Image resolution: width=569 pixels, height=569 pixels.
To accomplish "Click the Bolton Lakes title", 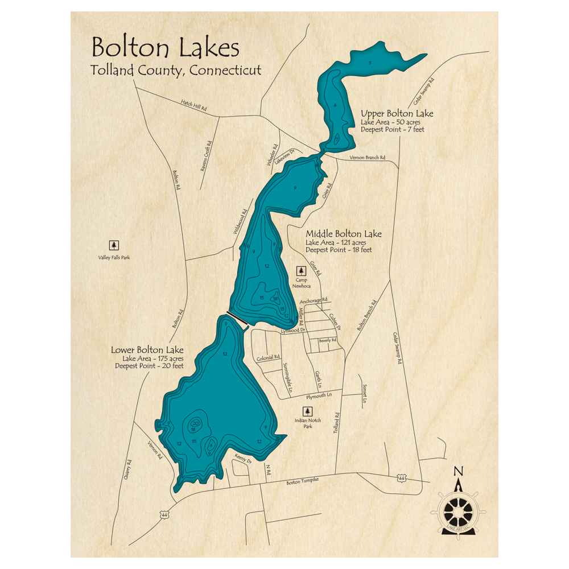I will pos(166,48).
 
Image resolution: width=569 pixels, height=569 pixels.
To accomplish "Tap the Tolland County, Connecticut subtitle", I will pos(176,71).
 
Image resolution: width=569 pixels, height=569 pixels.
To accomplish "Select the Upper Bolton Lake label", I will pos(397,114).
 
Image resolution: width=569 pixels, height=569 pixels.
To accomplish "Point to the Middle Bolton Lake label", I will pos(344,234).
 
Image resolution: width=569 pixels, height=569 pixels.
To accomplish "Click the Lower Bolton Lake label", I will pos(147,350).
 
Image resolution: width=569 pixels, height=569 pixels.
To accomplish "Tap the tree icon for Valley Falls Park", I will pos(114,245).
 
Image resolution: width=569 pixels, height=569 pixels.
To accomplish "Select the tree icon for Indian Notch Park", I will pos(308,411).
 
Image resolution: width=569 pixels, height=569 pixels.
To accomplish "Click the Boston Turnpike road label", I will pos(302,481).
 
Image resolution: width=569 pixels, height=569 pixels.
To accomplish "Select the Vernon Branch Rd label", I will pos(367,158).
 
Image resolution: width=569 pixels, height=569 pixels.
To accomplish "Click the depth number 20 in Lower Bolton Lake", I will pos(195,423).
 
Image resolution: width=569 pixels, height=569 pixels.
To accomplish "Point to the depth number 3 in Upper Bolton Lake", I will pos(370,63).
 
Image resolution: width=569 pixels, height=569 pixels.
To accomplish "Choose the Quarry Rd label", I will pos(129,470).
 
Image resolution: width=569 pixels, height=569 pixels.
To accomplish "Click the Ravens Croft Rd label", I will pos(205,157).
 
